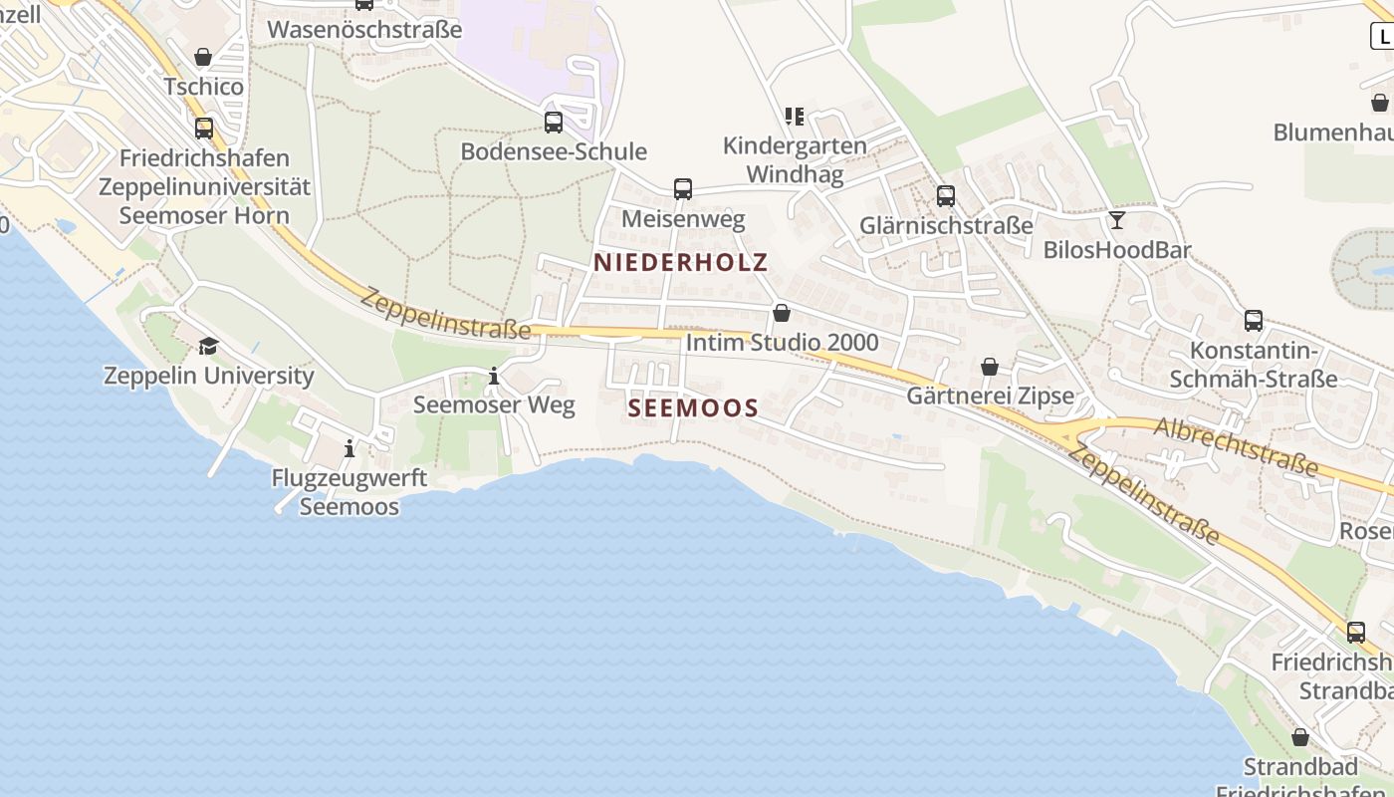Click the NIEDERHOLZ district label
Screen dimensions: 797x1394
[681, 262]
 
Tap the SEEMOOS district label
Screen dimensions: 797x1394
[694, 407]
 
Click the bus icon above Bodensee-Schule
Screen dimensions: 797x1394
[554, 123]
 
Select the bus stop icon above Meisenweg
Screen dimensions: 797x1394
[683, 189]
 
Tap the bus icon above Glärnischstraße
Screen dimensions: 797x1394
[946, 196]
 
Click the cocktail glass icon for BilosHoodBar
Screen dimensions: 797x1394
[1117, 220]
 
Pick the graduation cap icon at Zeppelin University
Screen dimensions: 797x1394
[208, 346]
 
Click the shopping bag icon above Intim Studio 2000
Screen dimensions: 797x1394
[782, 314]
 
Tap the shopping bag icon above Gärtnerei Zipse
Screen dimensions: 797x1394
[990, 368]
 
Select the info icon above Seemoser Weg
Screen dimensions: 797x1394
[494, 377]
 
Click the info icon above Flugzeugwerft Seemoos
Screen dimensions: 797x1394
[349, 449]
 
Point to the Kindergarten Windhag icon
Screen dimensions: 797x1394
[794, 117]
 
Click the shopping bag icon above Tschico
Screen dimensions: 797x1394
[203, 57]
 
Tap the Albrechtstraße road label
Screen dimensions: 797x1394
[1237, 447]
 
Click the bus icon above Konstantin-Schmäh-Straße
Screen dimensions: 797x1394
[1254, 321]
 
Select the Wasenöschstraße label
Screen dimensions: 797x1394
[365, 29]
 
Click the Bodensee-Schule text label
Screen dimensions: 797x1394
[554, 151]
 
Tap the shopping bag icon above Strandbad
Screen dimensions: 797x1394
[1300, 738]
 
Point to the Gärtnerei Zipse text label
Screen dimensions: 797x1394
[990, 396]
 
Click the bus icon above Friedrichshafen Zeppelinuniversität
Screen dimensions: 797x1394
[204, 129]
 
